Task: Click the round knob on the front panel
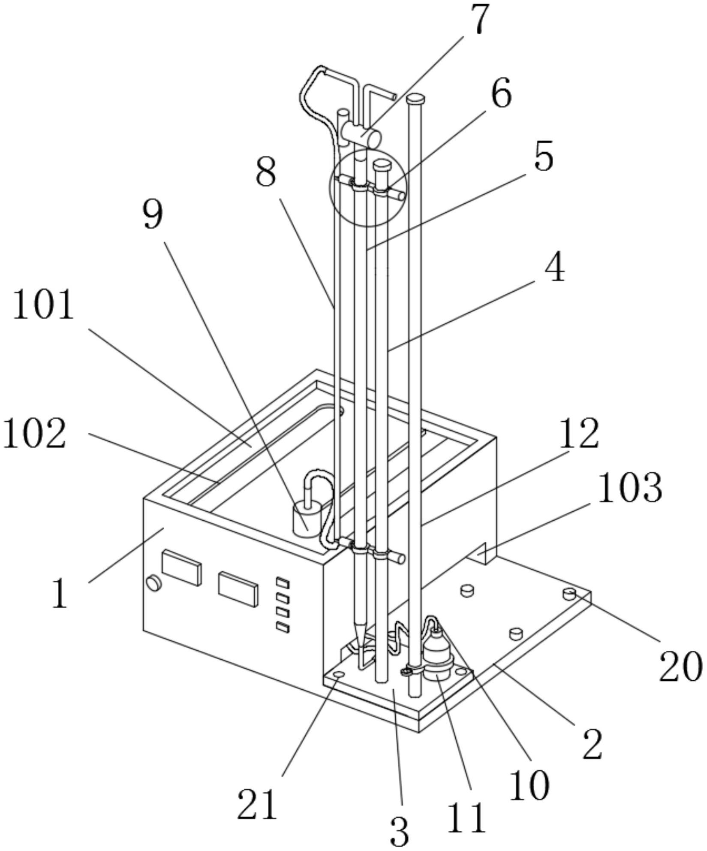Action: coord(154,583)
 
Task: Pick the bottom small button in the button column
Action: coord(283,628)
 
